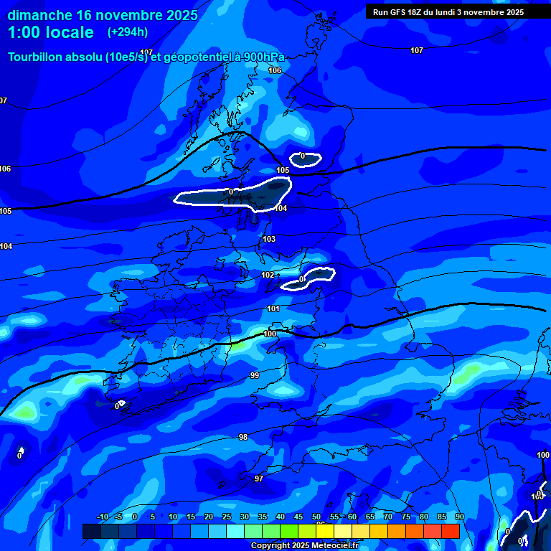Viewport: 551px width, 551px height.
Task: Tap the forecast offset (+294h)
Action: coord(128,32)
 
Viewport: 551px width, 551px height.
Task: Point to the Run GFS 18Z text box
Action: coord(448,12)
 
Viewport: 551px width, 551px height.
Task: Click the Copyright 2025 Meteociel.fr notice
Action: coord(305,545)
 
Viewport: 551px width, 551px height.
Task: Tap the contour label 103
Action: coord(269,240)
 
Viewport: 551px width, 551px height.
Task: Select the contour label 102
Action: coord(268,275)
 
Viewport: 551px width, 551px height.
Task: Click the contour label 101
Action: coord(273,309)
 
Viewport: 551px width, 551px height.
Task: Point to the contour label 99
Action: coord(255,375)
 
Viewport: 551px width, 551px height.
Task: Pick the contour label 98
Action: coord(243,437)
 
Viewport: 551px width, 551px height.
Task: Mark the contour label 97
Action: coord(259,479)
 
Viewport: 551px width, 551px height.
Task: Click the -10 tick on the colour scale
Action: coord(103,517)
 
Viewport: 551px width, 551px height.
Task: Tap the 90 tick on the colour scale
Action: coord(459,517)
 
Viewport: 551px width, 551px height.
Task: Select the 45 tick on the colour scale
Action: coord(298,517)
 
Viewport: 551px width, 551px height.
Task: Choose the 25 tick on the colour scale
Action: coord(227,517)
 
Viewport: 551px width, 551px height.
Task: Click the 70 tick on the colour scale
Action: coord(387,517)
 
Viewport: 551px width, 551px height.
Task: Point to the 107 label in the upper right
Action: coord(417,50)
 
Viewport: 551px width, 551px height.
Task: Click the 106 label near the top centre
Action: coord(275,70)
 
